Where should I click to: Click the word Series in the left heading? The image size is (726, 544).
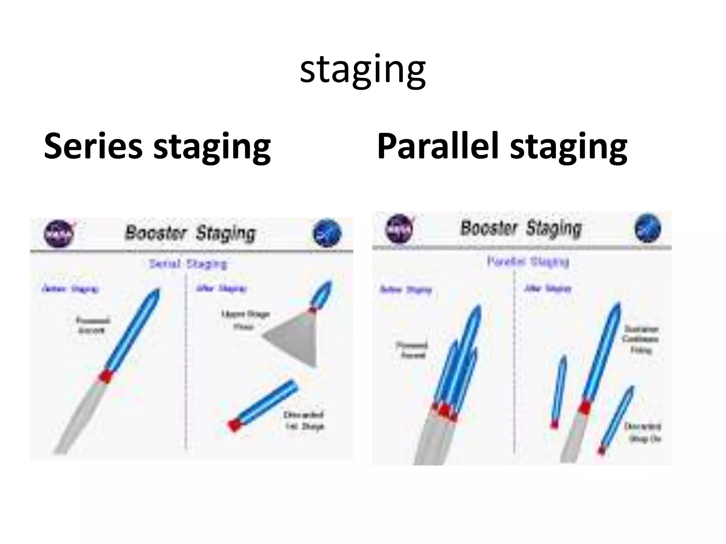coord(93,146)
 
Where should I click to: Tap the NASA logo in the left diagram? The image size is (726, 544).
coord(59,234)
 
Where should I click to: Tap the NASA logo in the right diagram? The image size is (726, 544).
coord(400,229)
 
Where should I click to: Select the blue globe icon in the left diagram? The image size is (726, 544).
coord(327,233)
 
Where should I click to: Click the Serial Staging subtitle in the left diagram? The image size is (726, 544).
coord(188,264)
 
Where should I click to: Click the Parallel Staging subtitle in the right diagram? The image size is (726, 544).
coord(527,262)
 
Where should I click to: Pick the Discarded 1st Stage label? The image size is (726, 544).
coord(304,420)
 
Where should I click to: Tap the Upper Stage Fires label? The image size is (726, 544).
coord(245,320)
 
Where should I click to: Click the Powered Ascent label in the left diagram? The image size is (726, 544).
coord(93,325)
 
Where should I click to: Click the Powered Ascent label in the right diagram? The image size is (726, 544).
coord(412,350)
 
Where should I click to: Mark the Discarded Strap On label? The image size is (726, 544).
coord(642,432)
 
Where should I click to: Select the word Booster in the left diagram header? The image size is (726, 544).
coord(155,233)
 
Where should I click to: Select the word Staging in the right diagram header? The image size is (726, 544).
coord(554,228)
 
